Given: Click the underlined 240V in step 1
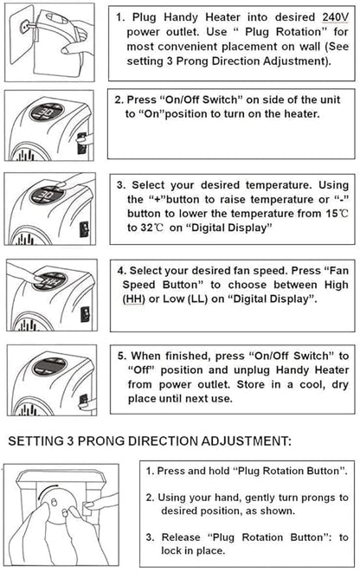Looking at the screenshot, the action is coord(335,17).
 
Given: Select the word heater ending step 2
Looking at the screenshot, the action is coord(301,114).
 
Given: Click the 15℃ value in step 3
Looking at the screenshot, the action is coord(337,214).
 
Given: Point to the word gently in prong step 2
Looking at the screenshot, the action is coord(260,498).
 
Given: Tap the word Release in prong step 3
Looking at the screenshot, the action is coord(181,537).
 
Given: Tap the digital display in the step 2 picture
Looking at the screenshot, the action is coord(48,112).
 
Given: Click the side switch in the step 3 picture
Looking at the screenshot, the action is coord(84,228).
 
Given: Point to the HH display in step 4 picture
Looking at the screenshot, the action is coord(49,281).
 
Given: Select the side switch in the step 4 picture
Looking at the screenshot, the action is coord(85,314).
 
